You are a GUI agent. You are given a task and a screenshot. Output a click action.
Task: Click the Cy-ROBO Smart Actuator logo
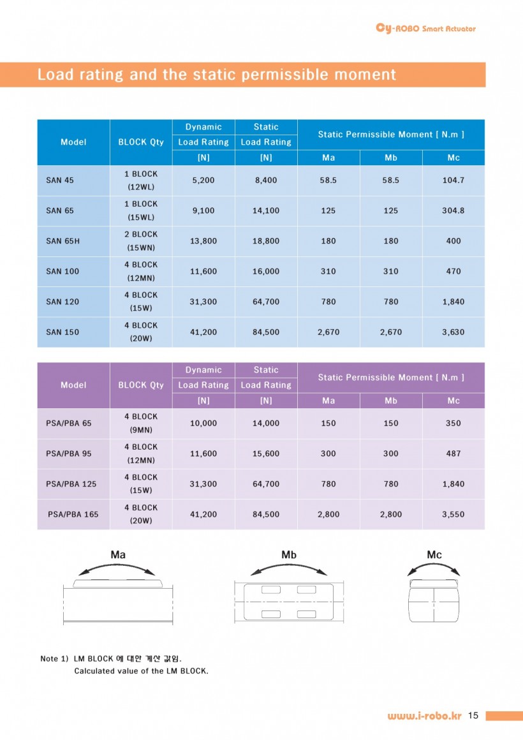[426, 28]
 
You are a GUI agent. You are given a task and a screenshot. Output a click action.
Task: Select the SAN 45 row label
[60, 181]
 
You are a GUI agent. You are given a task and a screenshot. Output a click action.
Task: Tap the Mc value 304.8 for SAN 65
[453, 211]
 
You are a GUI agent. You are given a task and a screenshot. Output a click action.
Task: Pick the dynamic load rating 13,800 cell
[203, 241]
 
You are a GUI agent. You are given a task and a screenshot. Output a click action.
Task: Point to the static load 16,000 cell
[266, 271]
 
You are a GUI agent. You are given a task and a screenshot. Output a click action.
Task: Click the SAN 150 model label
[63, 332]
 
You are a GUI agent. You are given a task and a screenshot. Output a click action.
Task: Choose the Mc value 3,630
[453, 332]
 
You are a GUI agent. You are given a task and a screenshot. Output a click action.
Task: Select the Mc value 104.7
[453, 181]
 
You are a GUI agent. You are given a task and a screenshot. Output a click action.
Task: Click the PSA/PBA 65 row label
[69, 423]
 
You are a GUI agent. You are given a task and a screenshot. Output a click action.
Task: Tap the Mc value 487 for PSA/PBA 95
[453, 454]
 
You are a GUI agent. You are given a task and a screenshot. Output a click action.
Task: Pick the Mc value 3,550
[453, 514]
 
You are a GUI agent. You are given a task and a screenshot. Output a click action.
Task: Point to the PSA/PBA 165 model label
[73, 514]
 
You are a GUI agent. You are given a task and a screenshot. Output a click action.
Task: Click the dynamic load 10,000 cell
[203, 423]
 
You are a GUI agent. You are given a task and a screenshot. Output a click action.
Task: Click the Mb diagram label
[289, 555]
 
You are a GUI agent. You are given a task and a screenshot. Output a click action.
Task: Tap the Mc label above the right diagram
[434, 555]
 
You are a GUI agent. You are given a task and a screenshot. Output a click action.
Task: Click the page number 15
[473, 716]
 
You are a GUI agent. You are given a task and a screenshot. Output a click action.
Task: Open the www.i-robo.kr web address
[424, 716]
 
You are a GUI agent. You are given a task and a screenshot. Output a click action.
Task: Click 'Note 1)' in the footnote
[54, 658]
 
